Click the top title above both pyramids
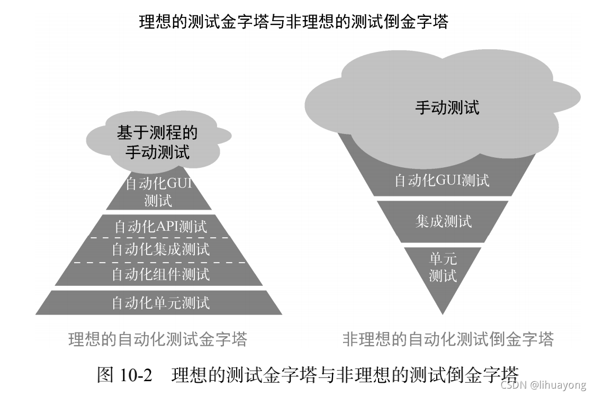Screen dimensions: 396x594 coord(293,22)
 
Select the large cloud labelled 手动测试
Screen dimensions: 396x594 coord(447,107)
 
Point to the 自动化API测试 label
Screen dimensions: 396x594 coord(160,227)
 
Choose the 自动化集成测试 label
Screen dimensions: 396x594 coord(160,249)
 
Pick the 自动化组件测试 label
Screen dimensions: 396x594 coord(160,274)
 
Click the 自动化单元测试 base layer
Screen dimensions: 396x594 coord(160,303)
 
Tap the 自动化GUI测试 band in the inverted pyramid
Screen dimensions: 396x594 coord(442,181)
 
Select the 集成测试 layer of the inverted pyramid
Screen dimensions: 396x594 coord(443,221)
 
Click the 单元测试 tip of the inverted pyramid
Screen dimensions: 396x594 coord(443,267)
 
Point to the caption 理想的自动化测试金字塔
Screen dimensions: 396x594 coord(158,339)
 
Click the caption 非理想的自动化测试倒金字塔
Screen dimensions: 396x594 coord(448,339)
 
